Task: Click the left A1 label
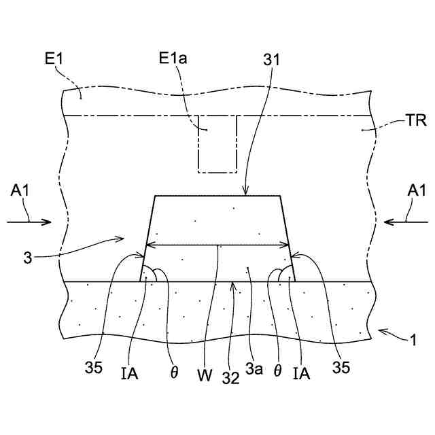click(20, 192)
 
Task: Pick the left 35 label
click(94, 368)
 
